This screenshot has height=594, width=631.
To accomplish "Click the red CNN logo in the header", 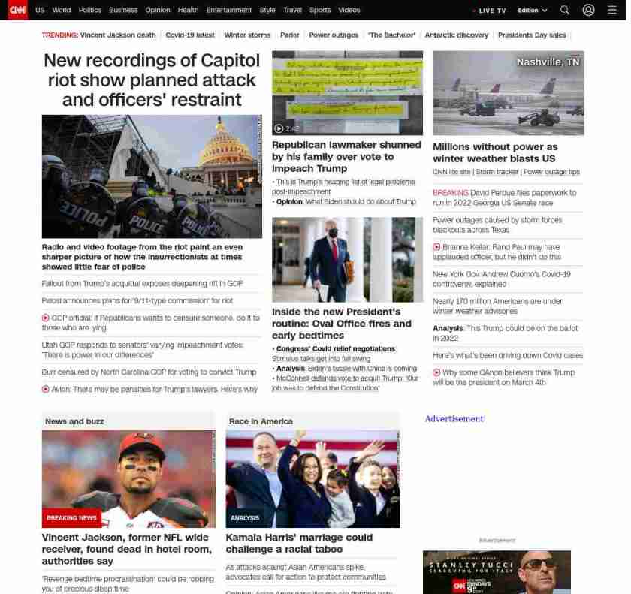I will click(x=17, y=10).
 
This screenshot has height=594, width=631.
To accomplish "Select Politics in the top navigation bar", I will click(x=89, y=10).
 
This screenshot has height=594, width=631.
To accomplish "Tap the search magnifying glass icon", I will click(x=565, y=10).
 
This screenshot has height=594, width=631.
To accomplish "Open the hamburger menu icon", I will click(x=611, y=10).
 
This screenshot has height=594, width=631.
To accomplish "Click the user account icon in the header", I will click(x=588, y=10).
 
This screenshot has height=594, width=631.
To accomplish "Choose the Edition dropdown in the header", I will click(x=533, y=10).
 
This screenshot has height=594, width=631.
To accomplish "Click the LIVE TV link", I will click(x=491, y=11).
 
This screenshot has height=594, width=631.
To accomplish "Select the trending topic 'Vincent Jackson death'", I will click(x=118, y=35).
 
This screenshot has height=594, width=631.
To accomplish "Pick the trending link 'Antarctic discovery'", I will click(x=456, y=35).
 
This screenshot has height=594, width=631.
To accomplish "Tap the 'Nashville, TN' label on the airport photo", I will click(x=548, y=62).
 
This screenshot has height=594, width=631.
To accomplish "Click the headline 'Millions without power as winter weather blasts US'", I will click(x=495, y=152).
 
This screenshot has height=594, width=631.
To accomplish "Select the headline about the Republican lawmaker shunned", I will click(x=346, y=156).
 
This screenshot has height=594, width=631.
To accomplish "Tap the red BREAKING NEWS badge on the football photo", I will click(x=71, y=517).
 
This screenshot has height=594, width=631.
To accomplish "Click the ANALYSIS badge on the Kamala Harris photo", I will click(x=245, y=517).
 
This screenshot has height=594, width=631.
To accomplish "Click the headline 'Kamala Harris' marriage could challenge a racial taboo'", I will click(x=299, y=543).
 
